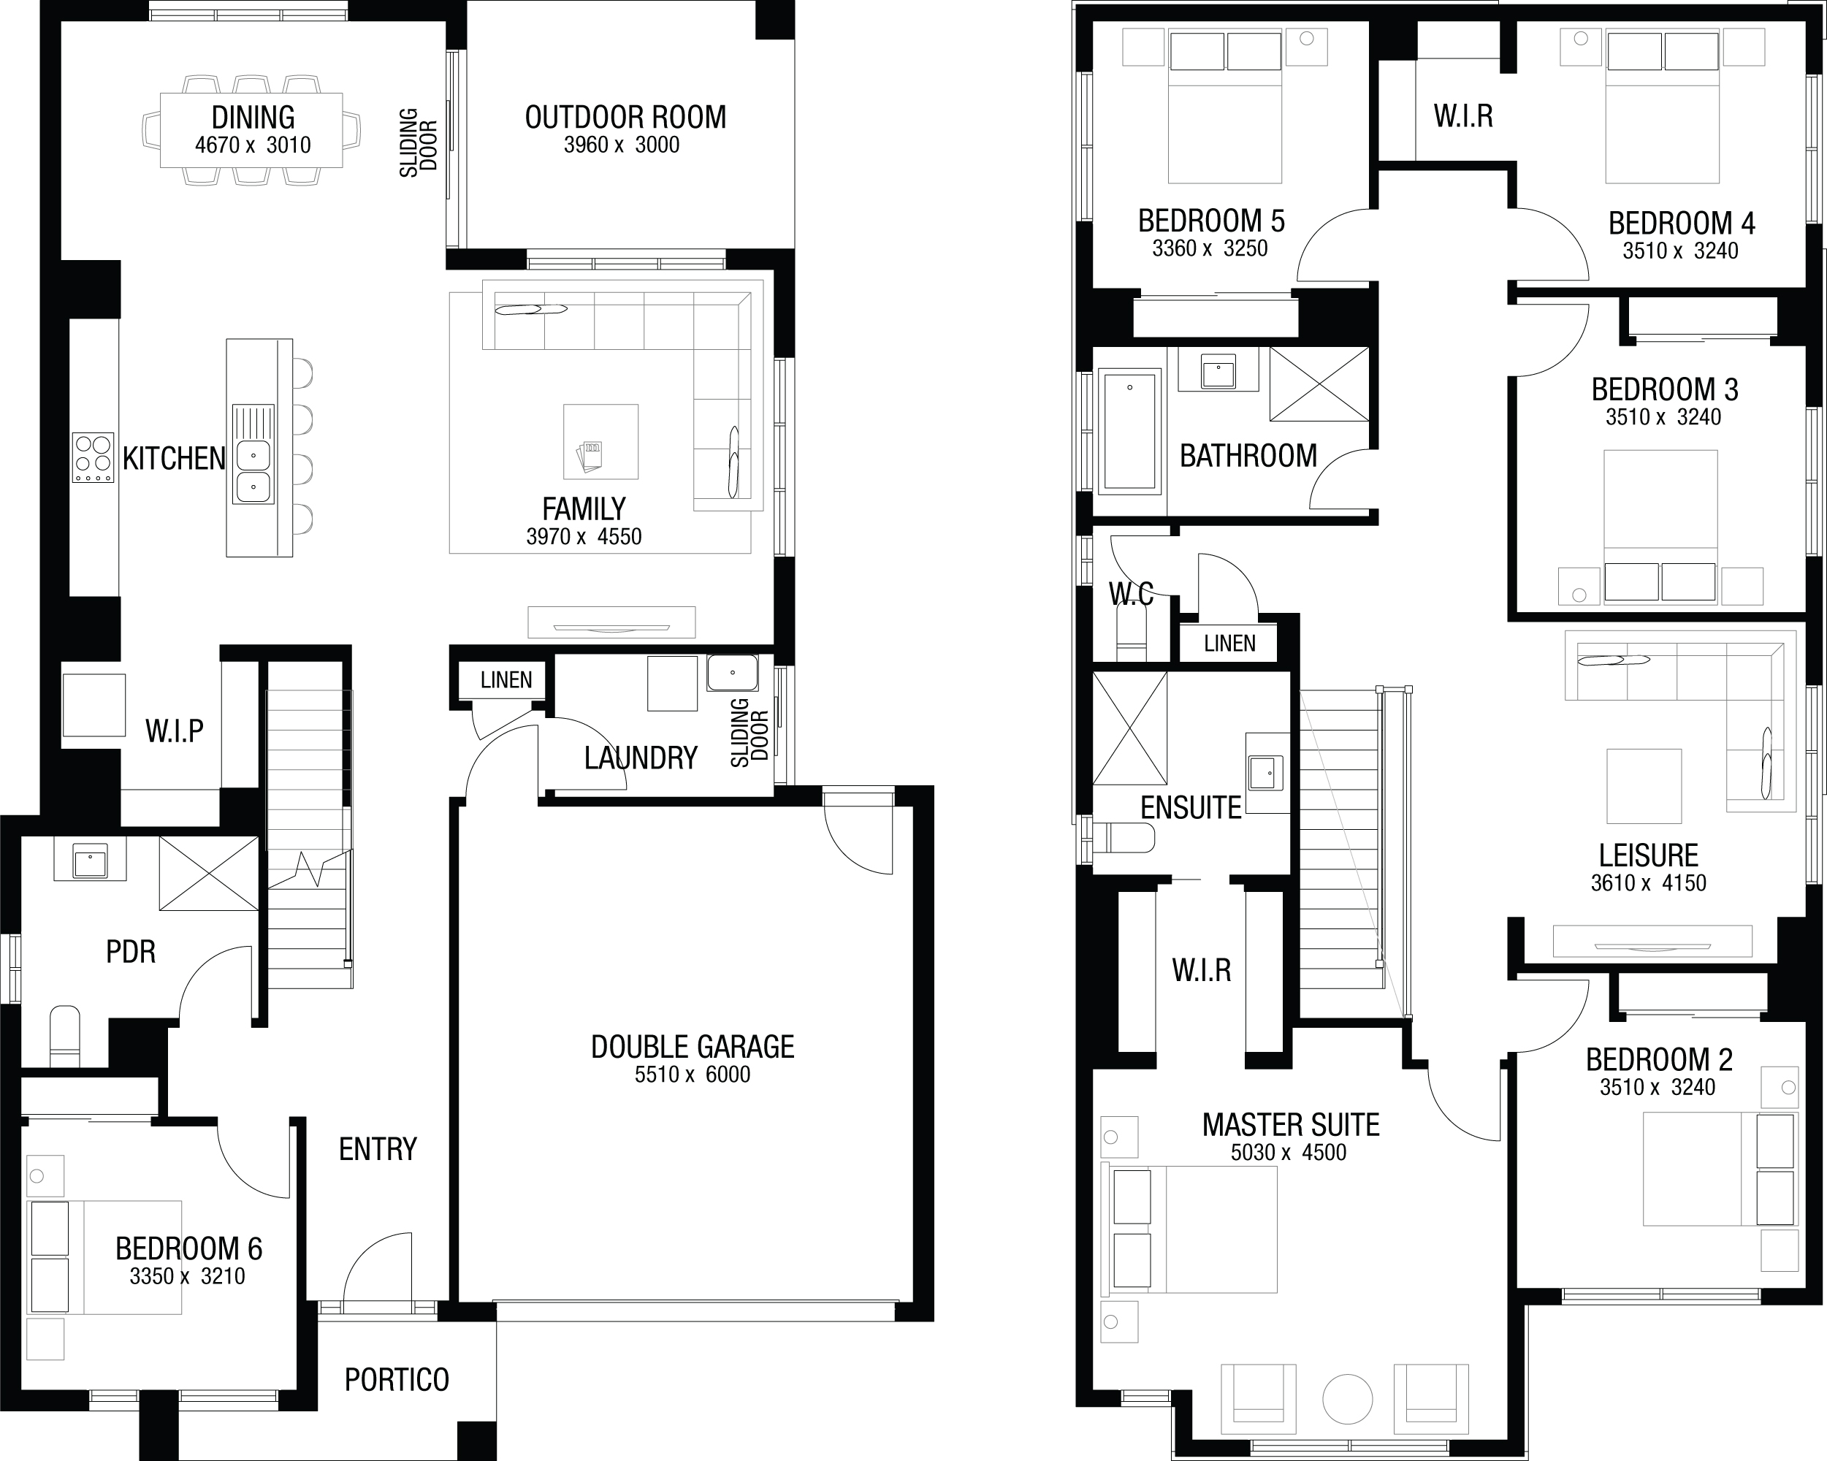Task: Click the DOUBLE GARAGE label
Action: [693, 1047]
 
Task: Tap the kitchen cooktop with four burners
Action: [94, 457]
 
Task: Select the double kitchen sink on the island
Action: [253, 471]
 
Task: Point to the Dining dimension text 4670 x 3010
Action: [253, 145]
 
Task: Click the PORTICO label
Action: [397, 1380]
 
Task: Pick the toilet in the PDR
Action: [65, 1036]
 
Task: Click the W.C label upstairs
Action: [1132, 594]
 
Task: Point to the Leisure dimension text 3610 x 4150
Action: [1648, 883]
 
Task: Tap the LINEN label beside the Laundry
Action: [506, 679]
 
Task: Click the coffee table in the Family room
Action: [600, 441]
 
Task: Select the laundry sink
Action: [732, 673]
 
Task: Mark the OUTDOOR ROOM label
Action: [625, 117]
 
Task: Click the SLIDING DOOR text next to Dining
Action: [419, 142]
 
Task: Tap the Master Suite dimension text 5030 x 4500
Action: [1288, 1153]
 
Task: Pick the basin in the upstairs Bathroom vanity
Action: [1218, 371]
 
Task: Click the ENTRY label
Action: [378, 1149]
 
